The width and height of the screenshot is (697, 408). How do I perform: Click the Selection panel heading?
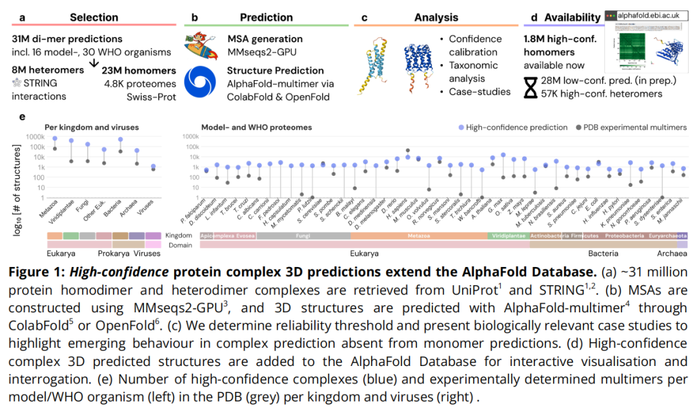[x=94, y=17]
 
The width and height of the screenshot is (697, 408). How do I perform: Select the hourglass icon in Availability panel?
[x=530, y=87]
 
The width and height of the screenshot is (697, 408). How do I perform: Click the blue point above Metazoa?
[x=55, y=138]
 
